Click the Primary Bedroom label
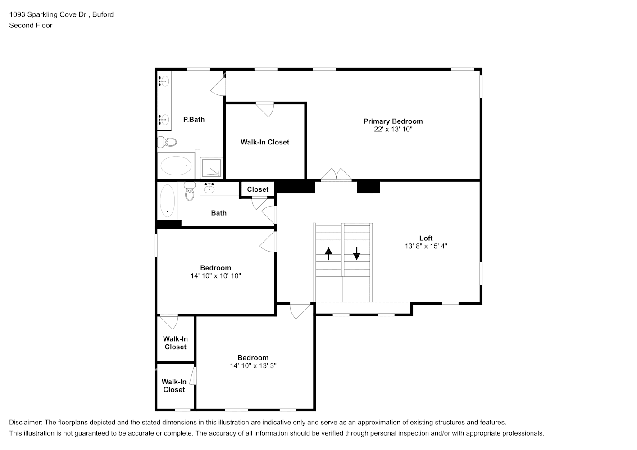pos(393,121)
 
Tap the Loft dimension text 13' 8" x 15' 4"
pos(426,246)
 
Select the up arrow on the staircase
pos(328,254)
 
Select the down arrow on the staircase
pos(357,254)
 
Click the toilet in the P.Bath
pos(167,142)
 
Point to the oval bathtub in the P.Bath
pos(176,166)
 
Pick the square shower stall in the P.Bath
pos(211,168)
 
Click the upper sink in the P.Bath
pos(164,81)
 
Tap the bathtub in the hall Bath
pos(167,201)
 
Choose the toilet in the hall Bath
pos(189,192)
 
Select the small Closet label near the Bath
pos(258,189)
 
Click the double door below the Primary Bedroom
pos(336,175)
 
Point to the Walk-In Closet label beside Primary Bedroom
pos(265,142)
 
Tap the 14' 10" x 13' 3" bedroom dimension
pos(253,366)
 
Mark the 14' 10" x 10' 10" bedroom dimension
pos(216,276)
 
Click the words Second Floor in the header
pos(31,25)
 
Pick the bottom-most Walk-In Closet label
pos(174,386)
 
